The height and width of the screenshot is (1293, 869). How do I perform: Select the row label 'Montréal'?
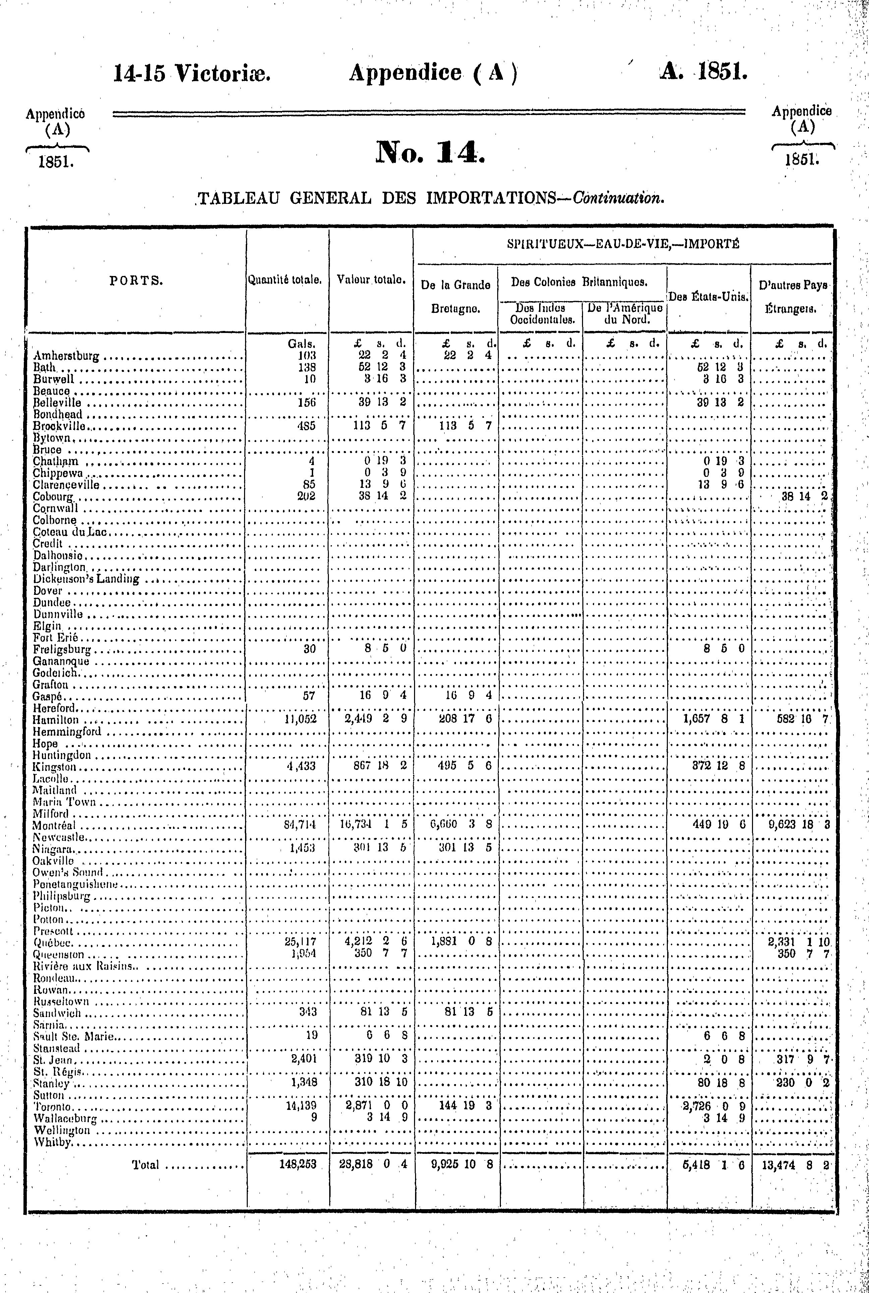(54, 825)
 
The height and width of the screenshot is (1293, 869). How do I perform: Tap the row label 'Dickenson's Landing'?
(86, 580)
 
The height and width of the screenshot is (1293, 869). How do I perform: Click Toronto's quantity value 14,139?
(300, 1106)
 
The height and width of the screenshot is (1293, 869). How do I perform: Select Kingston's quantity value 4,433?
(301, 767)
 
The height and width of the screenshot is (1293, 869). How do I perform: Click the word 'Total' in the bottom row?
(145, 1165)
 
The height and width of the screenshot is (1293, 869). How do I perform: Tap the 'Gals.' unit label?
(301, 344)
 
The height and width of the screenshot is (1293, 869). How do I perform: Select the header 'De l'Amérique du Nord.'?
(625, 314)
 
